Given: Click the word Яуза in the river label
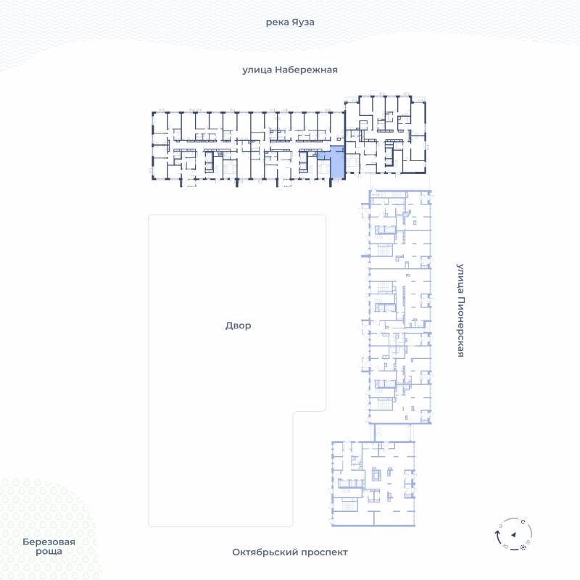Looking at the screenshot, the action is [302, 22].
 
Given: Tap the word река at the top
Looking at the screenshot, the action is [277, 22].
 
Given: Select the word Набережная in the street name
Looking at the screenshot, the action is [306, 70].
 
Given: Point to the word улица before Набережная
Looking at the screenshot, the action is [257, 70].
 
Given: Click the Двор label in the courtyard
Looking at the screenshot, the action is [239, 326].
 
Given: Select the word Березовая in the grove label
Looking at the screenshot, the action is [49, 542].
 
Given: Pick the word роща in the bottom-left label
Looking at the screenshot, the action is [49, 552].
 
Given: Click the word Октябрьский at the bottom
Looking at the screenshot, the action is [265, 552].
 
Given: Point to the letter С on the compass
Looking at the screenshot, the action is [523, 522].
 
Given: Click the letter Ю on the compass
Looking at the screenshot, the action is [505, 547].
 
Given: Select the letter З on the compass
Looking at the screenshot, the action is [500, 526].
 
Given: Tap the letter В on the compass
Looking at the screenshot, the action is [529, 542].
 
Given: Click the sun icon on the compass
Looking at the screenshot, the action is [523, 547].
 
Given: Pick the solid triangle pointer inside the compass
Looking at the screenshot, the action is [513, 534].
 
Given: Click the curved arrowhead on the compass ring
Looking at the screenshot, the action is [497, 533].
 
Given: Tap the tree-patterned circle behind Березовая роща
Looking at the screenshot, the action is [46, 530].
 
